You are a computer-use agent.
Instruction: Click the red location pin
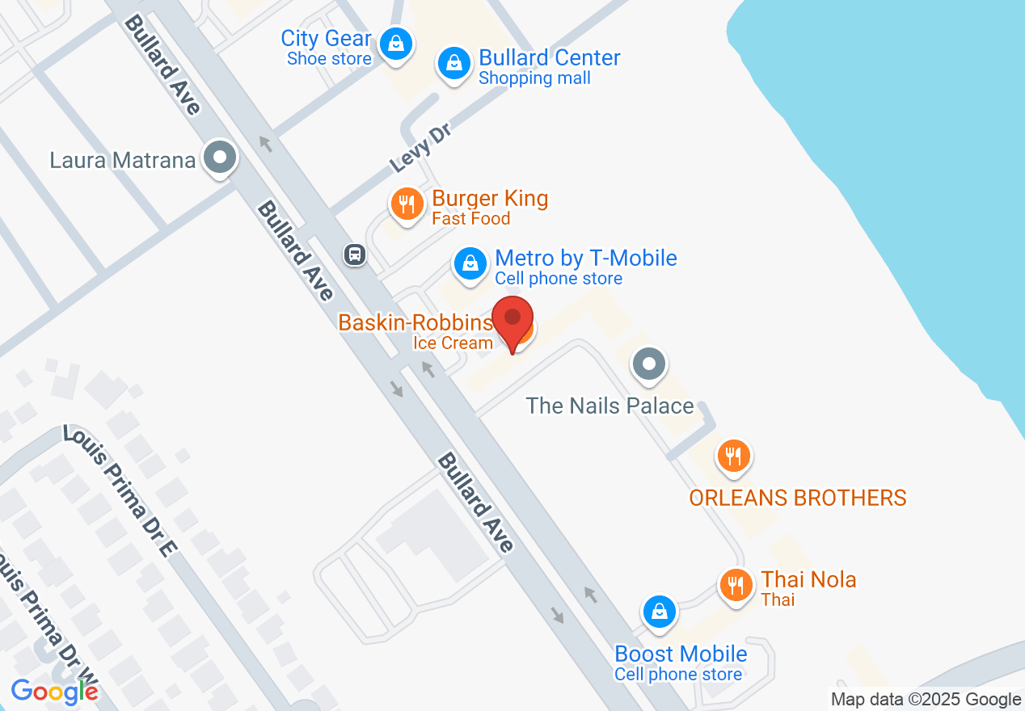pos(512,320)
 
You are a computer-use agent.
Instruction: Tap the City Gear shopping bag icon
pos(396,43)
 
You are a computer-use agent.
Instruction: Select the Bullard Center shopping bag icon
pos(454,62)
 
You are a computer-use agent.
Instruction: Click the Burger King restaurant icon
pos(407,204)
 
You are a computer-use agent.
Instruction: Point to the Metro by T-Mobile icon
pos(469,263)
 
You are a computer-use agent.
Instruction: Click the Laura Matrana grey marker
pos(219,157)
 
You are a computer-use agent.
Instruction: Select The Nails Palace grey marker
pos(648,364)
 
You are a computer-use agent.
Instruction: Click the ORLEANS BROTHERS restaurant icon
pos(733,456)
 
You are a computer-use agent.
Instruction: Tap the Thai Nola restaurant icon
pos(735,584)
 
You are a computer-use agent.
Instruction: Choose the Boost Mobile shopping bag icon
pos(660,612)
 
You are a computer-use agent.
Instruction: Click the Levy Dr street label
pos(419,148)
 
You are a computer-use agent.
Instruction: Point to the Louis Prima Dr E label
pos(120,492)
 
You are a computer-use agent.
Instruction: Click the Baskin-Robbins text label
pos(415,322)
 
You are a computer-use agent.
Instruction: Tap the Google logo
pos(54,691)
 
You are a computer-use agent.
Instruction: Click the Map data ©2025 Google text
pos(926,700)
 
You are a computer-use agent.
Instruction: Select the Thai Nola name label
pos(808,579)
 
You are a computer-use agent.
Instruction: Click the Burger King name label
pos(490,198)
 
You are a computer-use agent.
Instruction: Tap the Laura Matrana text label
pos(123,160)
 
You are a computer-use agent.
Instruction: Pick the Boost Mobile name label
pos(681,653)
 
